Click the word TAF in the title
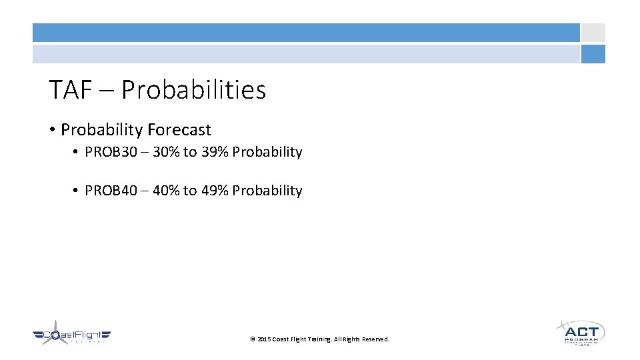pos(70,90)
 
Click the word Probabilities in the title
pos(193,90)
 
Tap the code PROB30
pos(111,152)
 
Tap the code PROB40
pos(111,191)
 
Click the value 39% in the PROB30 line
pos(215,152)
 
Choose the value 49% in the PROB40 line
pos(215,191)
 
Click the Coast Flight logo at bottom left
pos(72,335)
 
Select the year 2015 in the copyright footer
pos(264,339)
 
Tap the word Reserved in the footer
pos(375,339)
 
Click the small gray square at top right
pos(593,33)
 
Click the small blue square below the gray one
pos(593,54)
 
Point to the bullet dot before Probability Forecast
pos(52,130)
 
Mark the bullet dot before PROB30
pos(76,153)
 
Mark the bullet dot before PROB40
pos(76,191)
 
